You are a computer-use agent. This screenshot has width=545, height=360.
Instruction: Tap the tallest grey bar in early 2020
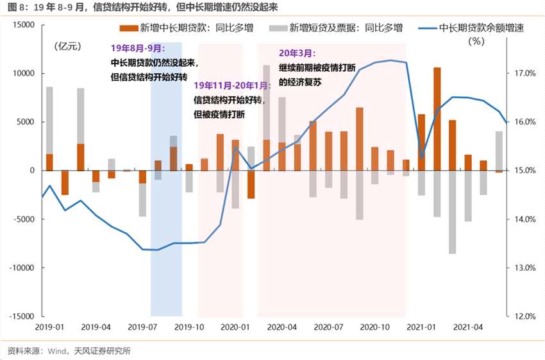pyautogui.click(x=267, y=103)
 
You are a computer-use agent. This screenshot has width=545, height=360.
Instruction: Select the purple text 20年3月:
pyautogui.click(x=297, y=53)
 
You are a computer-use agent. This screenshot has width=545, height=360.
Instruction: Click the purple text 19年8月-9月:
pyautogui.click(x=137, y=49)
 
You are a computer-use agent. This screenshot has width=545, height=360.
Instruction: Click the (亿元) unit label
pyautogui.click(x=69, y=46)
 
